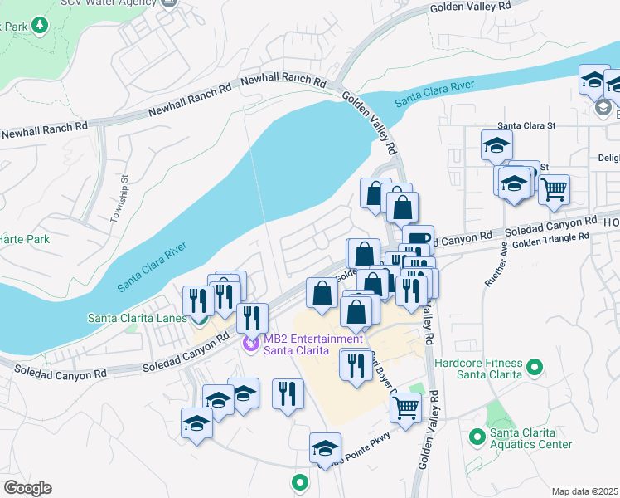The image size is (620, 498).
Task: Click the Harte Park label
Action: (24, 239)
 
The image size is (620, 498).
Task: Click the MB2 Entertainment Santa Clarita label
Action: (312, 344)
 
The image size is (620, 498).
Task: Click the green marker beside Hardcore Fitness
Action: (535, 365)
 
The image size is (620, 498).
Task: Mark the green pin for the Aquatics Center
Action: (477, 435)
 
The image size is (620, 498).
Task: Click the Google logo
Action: (27, 488)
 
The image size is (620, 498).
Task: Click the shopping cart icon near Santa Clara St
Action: (554, 188)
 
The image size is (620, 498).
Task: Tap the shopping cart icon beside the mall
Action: (405, 407)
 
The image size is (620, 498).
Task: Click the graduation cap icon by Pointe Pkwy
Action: (325, 447)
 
